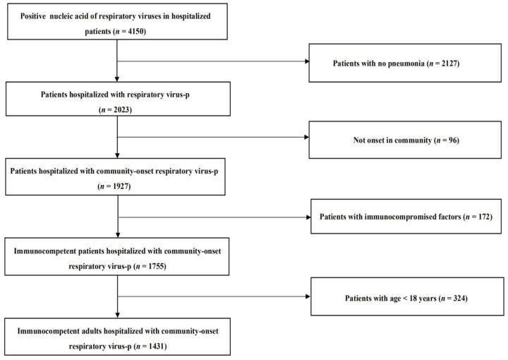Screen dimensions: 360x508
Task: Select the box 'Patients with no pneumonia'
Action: click(406, 64)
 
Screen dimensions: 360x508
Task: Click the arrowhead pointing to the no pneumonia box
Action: click(307, 61)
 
